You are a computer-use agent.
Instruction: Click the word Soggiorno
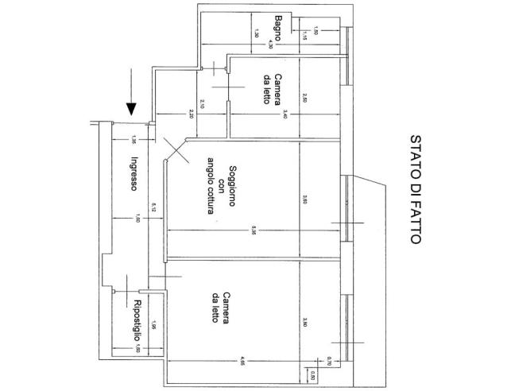[231, 186]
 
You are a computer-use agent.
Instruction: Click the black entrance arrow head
[132, 107]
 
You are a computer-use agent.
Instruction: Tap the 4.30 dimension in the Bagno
[270, 45]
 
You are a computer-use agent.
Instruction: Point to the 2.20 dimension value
[192, 115]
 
